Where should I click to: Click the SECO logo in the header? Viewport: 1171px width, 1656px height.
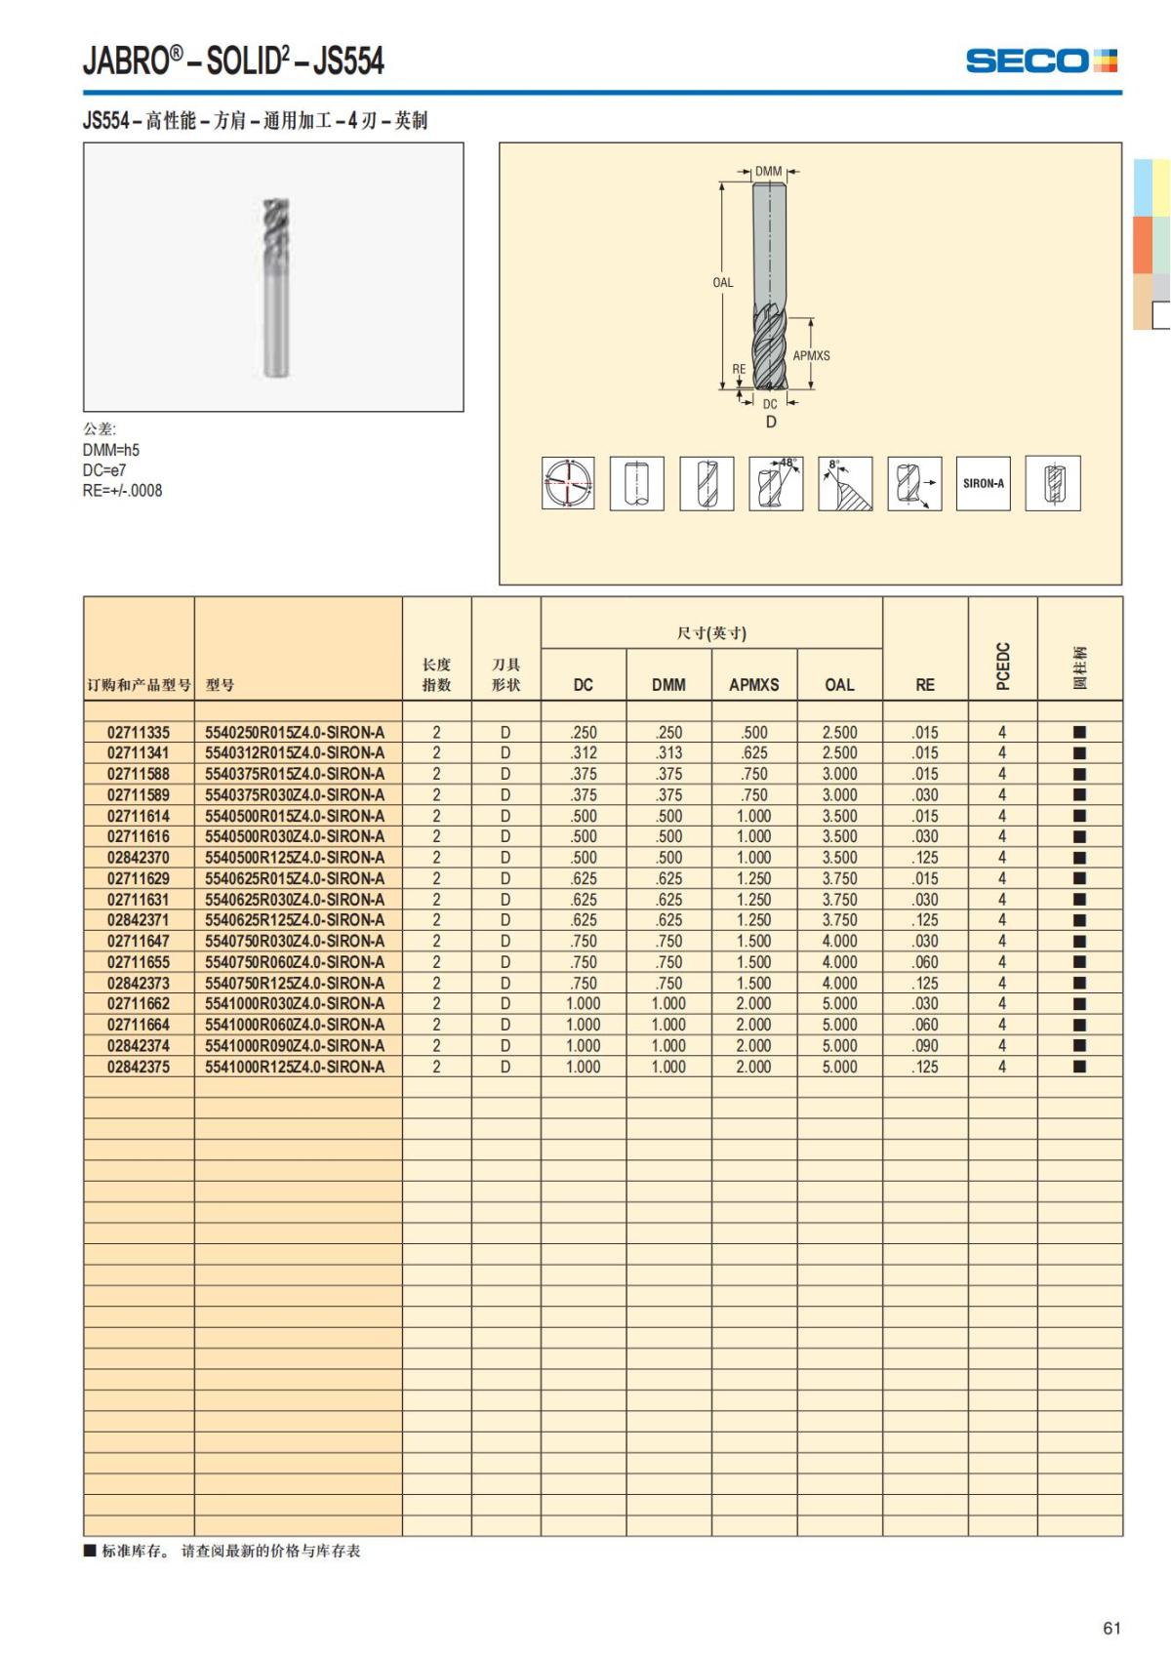[x=1040, y=61]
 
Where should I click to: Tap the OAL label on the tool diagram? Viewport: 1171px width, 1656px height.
[x=722, y=283]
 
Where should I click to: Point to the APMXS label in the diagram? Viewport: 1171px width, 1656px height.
[x=811, y=356]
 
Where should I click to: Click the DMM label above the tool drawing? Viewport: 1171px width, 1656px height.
[x=769, y=172]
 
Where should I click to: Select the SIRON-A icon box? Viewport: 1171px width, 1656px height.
[x=983, y=483]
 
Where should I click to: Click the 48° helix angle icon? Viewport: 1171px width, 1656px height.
[x=776, y=483]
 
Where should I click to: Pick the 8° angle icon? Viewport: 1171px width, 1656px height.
[x=845, y=483]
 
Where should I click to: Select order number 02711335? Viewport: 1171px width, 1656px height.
[x=139, y=732]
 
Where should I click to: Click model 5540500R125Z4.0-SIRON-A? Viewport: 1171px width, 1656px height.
[x=295, y=858]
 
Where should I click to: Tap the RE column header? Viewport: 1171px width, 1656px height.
[x=925, y=685]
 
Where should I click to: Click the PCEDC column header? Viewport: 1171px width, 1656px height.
[x=1002, y=666]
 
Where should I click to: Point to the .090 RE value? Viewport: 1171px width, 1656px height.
[x=925, y=1046]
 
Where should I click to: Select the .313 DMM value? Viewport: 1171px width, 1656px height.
[x=668, y=753]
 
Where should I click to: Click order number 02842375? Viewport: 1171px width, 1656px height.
[x=139, y=1067]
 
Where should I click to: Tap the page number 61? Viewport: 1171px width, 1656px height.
[x=1111, y=1628]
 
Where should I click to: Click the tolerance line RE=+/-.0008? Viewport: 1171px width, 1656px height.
[x=123, y=491]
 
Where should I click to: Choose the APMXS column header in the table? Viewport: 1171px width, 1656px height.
[x=753, y=685]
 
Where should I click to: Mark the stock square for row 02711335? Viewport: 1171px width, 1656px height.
[x=1079, y=732]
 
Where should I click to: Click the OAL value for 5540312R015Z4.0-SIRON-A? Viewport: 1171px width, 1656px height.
[x=839, y=753]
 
